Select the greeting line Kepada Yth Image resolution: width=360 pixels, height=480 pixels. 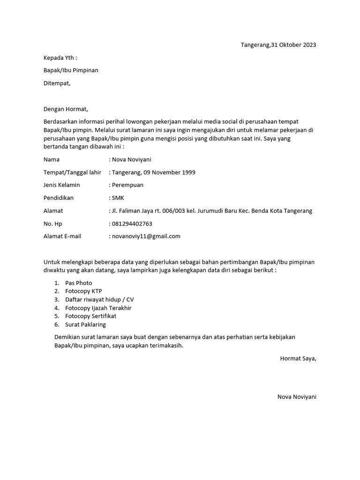[x=60, y=58]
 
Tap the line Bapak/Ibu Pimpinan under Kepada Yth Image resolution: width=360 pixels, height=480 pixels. [x=71, y=70]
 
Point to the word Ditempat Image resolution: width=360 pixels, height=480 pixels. [x=57, y=83]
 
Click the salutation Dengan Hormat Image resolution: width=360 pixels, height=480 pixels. [x=66, y=109]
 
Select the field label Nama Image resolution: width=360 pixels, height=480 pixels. [x=52, y=160]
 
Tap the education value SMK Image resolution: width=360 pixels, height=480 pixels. [x=118, y=198]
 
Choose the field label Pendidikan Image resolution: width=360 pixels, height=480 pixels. [x=59, y=198]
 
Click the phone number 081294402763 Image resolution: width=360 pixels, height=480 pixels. [x=132, y=224]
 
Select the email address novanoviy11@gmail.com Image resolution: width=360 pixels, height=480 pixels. [x=146, y=236]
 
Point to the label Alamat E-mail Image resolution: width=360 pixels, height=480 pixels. [x=62, y=236]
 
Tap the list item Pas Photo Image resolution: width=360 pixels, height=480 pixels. [x=79, y=283]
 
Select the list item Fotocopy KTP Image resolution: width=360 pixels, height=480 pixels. [x=83, y=291]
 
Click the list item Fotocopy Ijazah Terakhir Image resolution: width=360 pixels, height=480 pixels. [x=98, y=308]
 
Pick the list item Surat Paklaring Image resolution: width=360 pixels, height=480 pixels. [x=86, y=324]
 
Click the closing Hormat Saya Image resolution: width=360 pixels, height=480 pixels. [x=298, y=359]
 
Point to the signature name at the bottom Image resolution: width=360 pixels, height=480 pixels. [x=297, y=397]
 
